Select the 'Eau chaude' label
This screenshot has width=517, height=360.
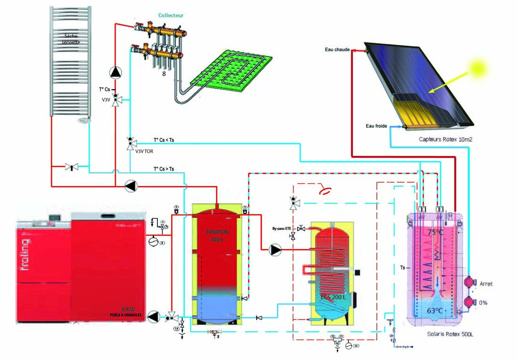point(337,50)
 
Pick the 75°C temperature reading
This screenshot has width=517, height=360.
point(435,231)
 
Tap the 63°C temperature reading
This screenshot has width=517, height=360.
point(435,310)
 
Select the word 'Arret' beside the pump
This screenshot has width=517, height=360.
point(486,284)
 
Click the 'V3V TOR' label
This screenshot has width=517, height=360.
point(144,151)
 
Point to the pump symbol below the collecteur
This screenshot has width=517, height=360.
point(115,72)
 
